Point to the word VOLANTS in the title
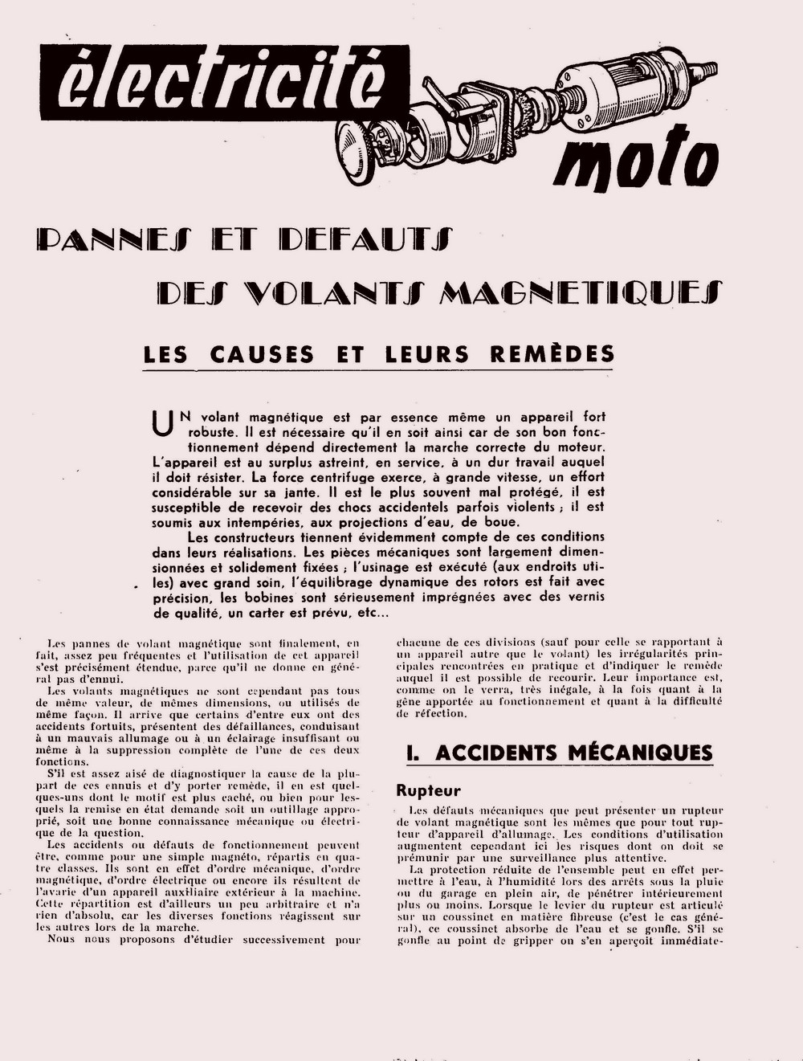click(x=330, y=292)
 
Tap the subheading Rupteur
click(x=429, y=790)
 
